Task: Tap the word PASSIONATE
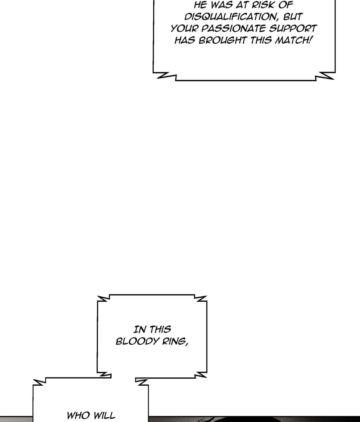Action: pyautogui.click(x=233, y=29)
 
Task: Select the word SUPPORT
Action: pyautogui.click(x=293, y=28)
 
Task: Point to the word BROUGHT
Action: pyautogui.click(x=223, y=40)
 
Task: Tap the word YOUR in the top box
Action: pyautogui.click(x=184, y=29)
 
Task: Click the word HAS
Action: pyautogui.click(x=185, y=40)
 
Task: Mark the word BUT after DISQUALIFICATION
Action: pyautogui.click(x=292, y=17)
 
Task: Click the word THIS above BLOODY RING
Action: pyautogui.click(x=160, y=329)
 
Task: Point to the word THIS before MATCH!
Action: pyautogui.click(x=261, y=40)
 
